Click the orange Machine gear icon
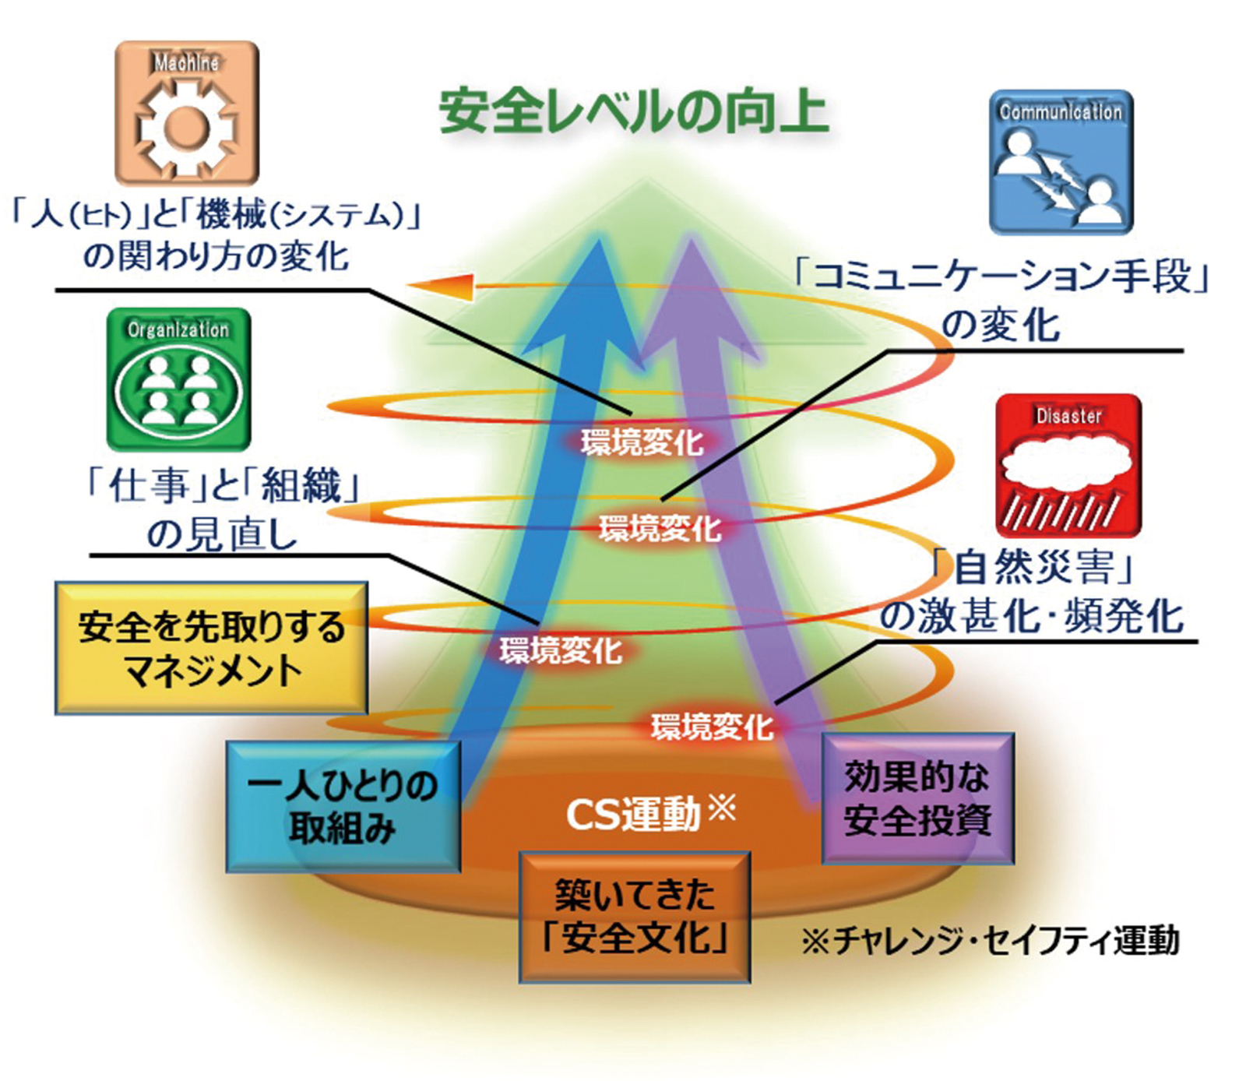(x=187, y=113)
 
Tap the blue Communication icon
(x=1061, y=162)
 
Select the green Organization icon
(x=178, y=379)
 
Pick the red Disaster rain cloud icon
(x=1068, y=466)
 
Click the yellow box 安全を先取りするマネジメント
(x=211, y=648)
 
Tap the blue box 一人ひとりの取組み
(x=343, y=806)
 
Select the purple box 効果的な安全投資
(x=917, y=798)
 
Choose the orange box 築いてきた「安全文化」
(x=635, y=917)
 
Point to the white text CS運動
(x=635, y=815)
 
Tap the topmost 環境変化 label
(x=642, y=442)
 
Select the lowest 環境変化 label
(x=712, y=727)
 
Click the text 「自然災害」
(x=1034, y=566)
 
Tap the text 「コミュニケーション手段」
(x=1001, y=276)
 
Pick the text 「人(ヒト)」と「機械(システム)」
(x=215, y=213)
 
